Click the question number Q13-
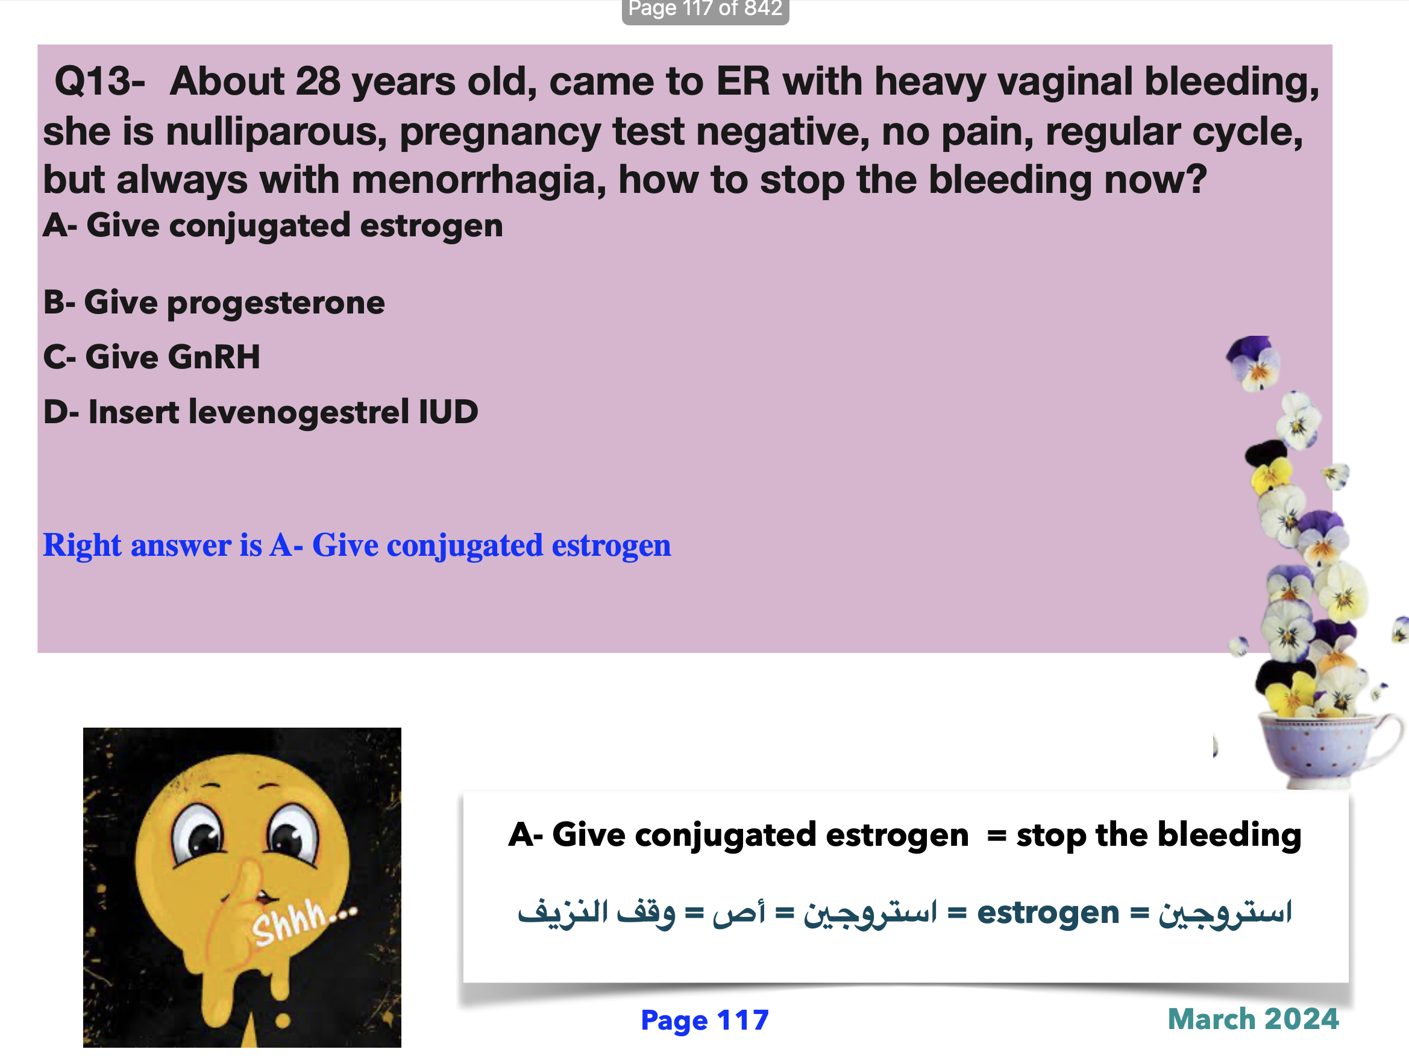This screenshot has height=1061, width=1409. (100, 81)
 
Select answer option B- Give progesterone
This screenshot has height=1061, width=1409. (214, 302)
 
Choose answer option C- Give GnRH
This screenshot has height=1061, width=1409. (152, 356)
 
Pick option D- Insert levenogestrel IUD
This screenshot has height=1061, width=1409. (260, 411)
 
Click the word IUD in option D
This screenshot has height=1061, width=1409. (448, 411)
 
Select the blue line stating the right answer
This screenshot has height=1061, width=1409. (357, 545)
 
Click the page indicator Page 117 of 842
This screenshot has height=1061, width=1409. (705, 9)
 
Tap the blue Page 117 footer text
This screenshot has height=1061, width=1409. (704, 1019)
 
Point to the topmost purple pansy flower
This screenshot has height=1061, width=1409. (1253, 361)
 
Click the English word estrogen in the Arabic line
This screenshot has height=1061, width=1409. (1048, 912)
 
